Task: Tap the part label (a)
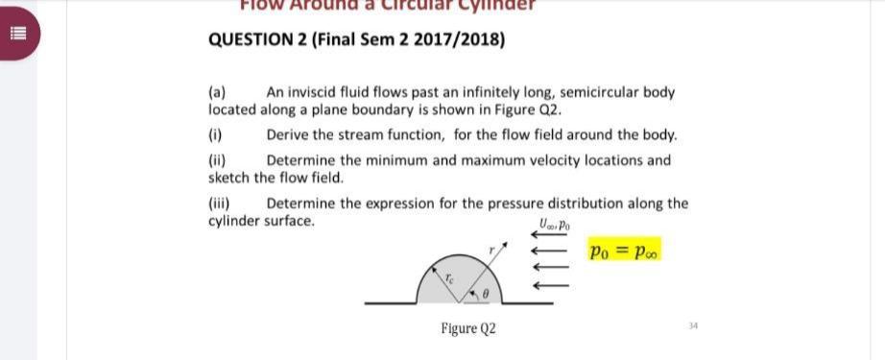point(218,93)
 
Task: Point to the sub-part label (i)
point(216,135)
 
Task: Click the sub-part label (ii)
point(218,161)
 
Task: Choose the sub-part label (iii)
point(220,204)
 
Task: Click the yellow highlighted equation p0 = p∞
point(625,252)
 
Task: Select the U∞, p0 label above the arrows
point(556,227)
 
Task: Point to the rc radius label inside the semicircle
point(447,276)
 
